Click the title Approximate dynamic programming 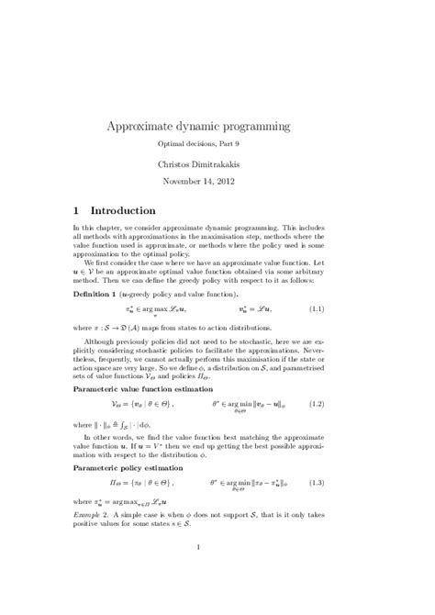[x=217, y=125]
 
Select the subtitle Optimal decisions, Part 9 [x=217, y=145]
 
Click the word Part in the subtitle [x=241, y=145]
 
